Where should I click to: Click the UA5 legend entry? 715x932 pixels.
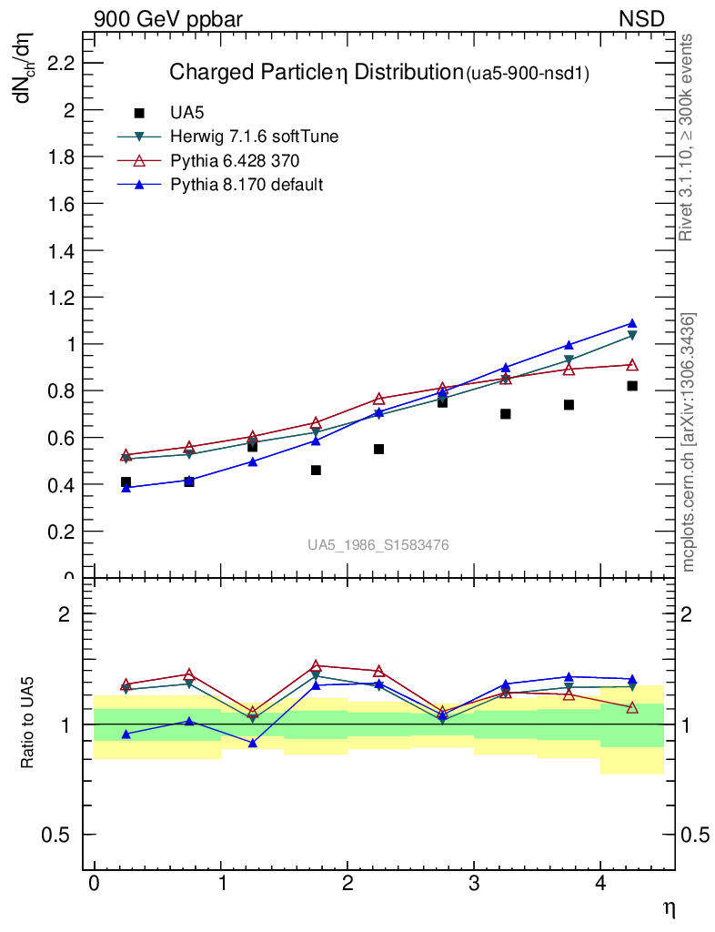(188, 114)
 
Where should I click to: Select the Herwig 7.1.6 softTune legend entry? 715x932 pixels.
(255, 137)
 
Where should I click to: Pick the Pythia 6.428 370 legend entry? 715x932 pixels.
(235, 161)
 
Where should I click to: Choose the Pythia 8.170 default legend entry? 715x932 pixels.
(247, 185)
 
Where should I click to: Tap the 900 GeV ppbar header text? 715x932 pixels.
(168, 18)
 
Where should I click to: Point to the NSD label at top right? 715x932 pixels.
(642, 18)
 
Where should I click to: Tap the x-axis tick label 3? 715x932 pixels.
(474, 885)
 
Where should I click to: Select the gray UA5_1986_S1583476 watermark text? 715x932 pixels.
(378, 545)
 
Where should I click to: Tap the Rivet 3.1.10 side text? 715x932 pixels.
(687, 137)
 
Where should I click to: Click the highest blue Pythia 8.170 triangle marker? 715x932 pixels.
(631, 323)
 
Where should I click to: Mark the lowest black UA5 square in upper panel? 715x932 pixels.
(126, 482)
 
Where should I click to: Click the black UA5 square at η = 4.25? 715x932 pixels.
(631, 386)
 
